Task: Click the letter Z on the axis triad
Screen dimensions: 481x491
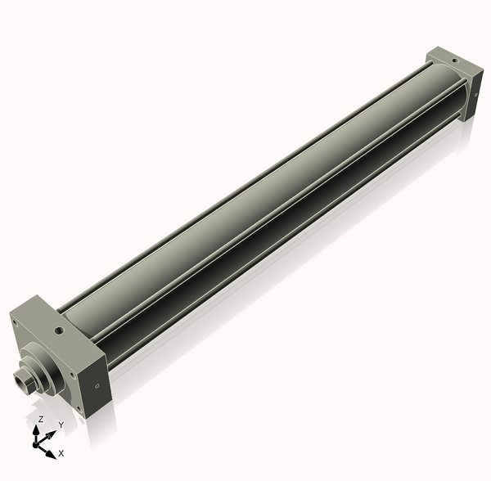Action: coord(41,419)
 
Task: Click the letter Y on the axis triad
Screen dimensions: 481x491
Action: coord(61,425)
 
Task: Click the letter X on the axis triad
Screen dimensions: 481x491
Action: coord(61,452)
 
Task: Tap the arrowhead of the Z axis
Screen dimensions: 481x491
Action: coord(38,429)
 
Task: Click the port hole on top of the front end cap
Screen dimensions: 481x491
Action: coord(59,331)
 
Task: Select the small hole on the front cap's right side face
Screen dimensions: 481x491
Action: coord(97,385)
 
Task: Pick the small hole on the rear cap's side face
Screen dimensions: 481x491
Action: coord(471,96)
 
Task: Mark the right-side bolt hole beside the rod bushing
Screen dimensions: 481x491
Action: coord(72,375)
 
